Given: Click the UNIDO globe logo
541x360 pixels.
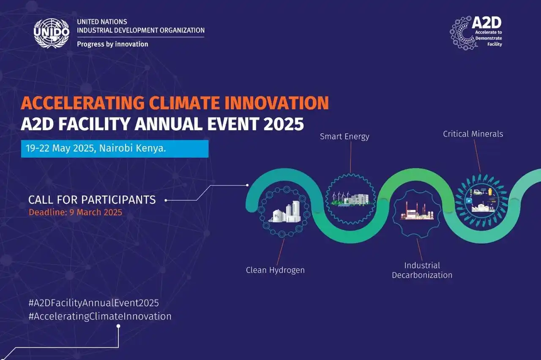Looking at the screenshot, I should click(x=52, y=33).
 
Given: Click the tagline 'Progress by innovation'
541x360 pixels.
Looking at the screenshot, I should click(x=112, y=44).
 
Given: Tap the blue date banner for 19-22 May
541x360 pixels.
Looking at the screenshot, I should click(x=115, y=149).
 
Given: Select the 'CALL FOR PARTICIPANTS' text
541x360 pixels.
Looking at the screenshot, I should click(x=92, y=200).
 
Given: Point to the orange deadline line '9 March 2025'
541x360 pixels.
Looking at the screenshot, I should click(x=75, y=212).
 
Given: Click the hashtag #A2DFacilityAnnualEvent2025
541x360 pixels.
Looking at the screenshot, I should click(x=93, y=303).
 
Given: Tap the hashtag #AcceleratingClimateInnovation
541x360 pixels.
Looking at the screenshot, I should click(x=100, y=316).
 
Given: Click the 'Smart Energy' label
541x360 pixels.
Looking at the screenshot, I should click(x=344, y=136).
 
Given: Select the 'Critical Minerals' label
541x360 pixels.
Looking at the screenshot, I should click(x=473, y=134).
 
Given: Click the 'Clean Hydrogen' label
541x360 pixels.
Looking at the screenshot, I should click(x=275, y=270).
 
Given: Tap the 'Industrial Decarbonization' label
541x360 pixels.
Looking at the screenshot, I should click(x=422, y=270).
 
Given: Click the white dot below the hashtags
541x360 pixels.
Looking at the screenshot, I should click(x=118, y=326).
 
